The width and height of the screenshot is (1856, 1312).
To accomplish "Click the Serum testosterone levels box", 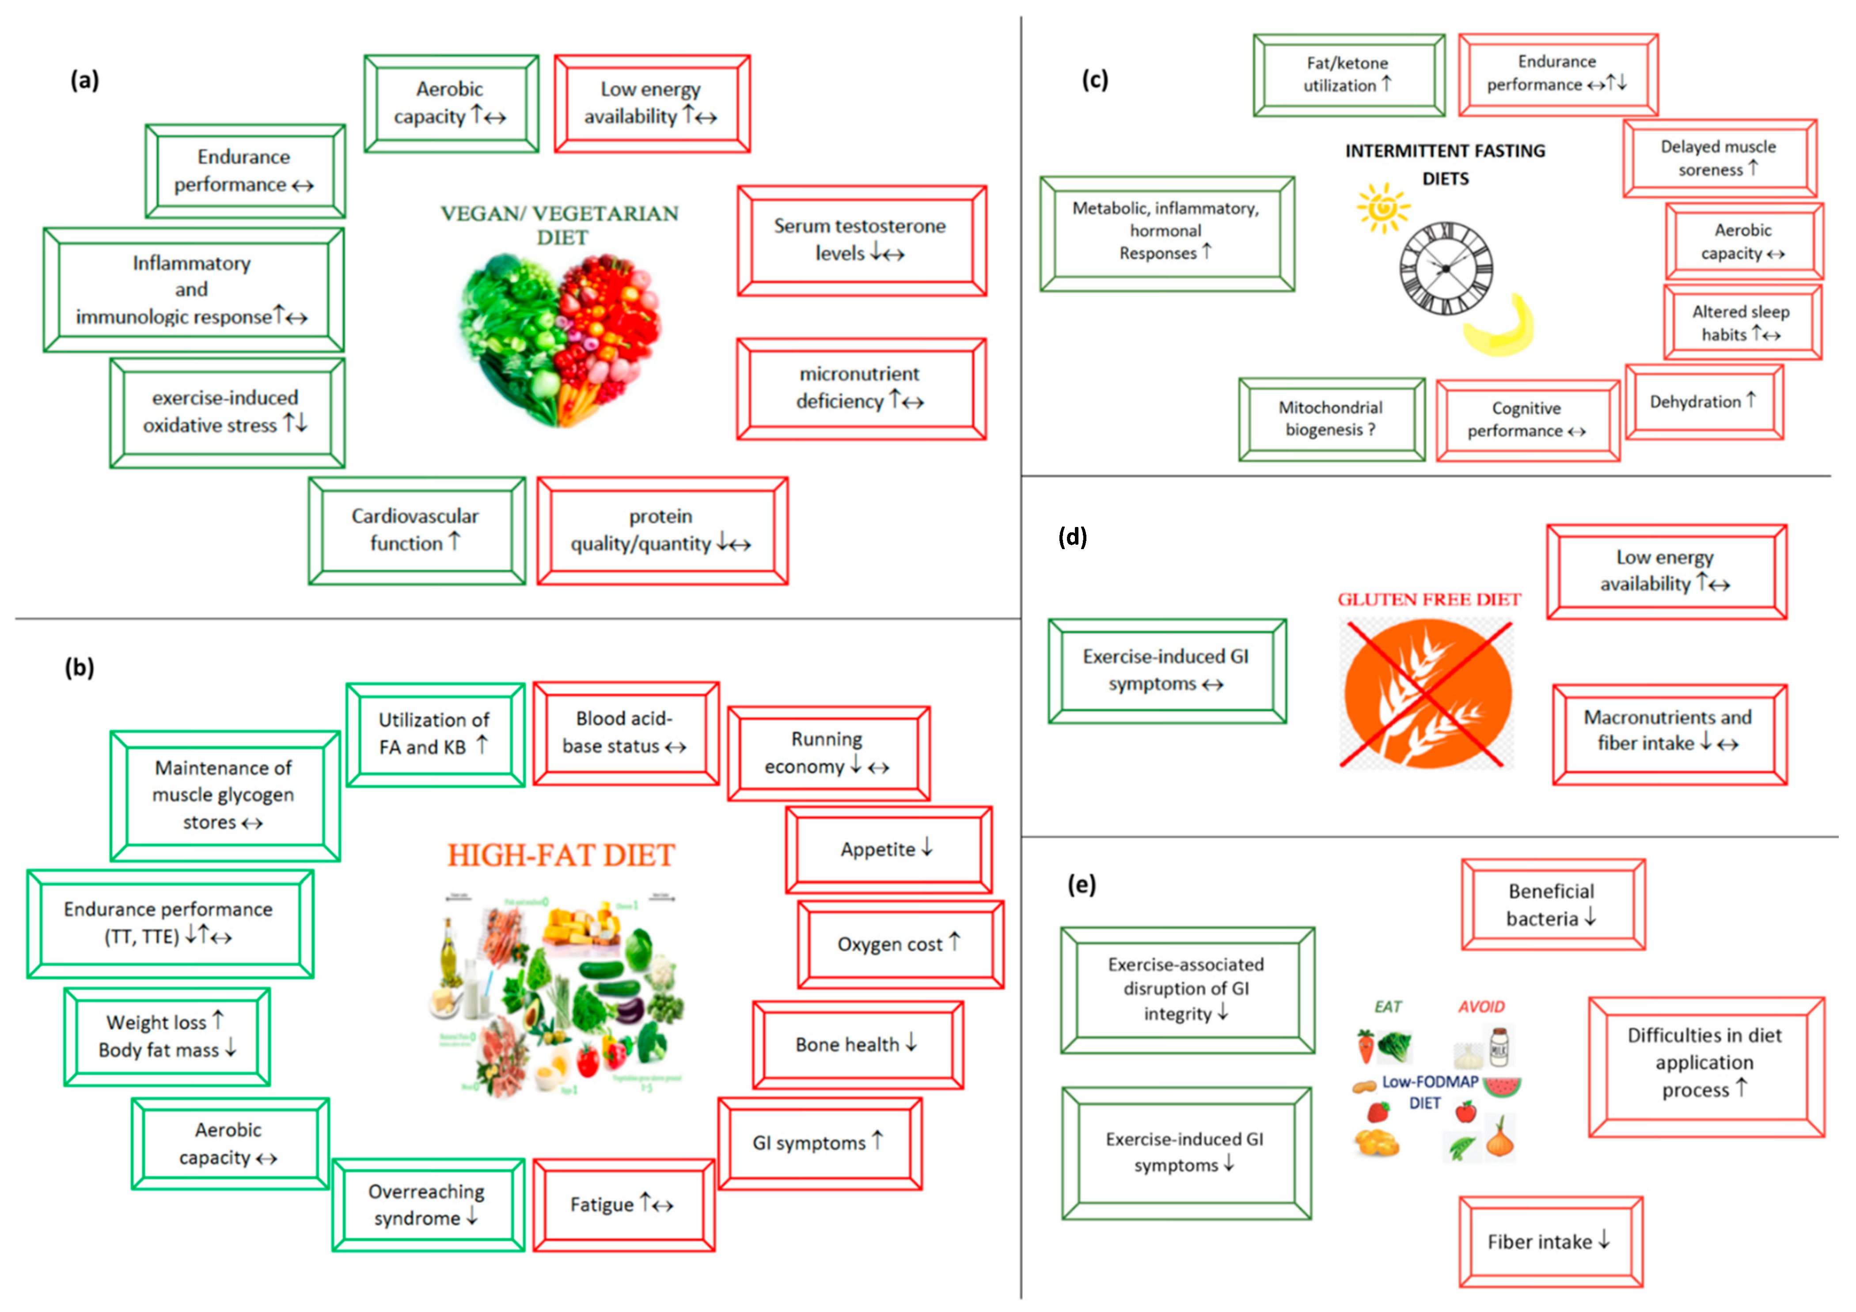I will coord(861,240).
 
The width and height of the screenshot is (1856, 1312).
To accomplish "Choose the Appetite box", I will coord(888,849).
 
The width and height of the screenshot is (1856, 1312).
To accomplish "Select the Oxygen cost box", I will coord(900,944).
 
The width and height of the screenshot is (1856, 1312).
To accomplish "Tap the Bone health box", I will coord(857,1044).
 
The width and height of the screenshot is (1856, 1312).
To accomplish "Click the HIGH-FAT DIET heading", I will coord(561,855).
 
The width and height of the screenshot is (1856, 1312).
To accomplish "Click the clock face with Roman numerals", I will coord(1446,269).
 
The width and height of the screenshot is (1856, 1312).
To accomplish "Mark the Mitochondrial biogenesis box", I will coord(1332,419).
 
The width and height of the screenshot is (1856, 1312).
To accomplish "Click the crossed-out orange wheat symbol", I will coord(1427,694).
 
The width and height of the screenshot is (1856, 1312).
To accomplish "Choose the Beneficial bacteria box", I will coord(1552,905).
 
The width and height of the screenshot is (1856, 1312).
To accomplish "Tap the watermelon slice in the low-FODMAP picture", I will coord(1503,1086).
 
